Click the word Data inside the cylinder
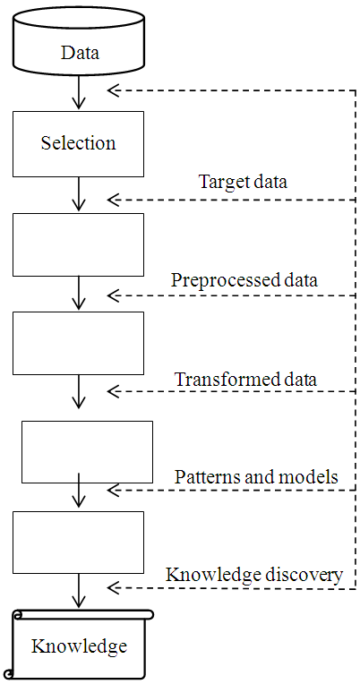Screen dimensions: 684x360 [x=80, y=53]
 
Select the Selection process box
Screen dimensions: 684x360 [x=78, y=143]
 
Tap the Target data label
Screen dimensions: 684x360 [x=243, y=183]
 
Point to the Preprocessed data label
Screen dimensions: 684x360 [x=244, y=280]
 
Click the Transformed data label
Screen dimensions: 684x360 [x=245, y=379]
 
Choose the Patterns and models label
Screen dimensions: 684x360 [x=255, y=476]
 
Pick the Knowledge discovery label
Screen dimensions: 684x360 [x=254, y=575]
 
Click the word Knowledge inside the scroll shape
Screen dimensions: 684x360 [x=79, y=646]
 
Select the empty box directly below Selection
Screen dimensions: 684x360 [x=78, y=244]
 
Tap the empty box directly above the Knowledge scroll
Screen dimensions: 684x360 [x=78, y=543]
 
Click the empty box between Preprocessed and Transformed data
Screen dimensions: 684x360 [x=78, y=343]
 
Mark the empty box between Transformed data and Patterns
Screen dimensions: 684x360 [x=87, y=452]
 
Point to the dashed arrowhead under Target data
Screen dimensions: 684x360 [x=112, y=199]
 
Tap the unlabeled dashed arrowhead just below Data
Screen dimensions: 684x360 [x=112, y=90]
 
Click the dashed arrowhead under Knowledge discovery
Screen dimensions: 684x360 [x=112, y=588]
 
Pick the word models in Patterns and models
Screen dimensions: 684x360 [x=313, y=476]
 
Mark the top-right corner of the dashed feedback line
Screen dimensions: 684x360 [x=356, y=90]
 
